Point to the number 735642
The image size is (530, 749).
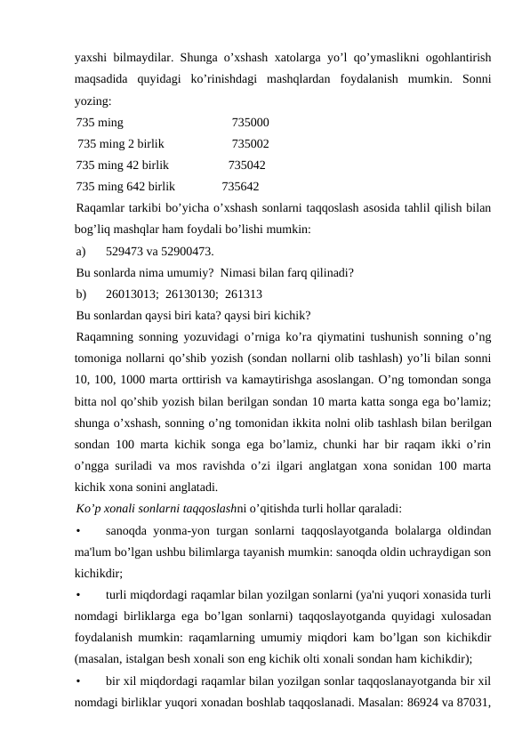tap(240, 187)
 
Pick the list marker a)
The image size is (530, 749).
tap(83, 252)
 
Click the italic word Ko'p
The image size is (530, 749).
tap(88, 509)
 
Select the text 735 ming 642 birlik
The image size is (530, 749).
tap(125, 187)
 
